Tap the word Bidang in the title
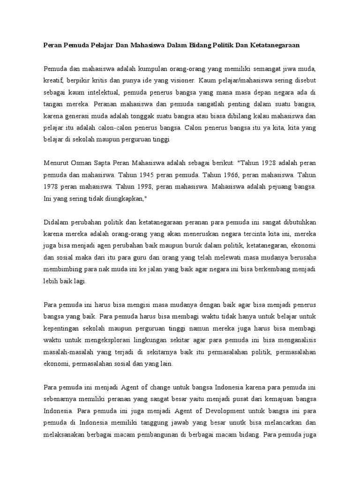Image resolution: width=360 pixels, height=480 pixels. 202,45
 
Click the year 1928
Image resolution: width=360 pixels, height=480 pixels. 263,164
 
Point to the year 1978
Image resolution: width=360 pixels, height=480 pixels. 51,187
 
